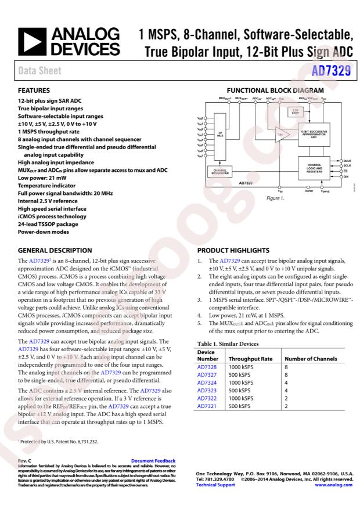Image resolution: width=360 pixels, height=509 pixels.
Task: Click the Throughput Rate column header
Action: pos(247,359)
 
